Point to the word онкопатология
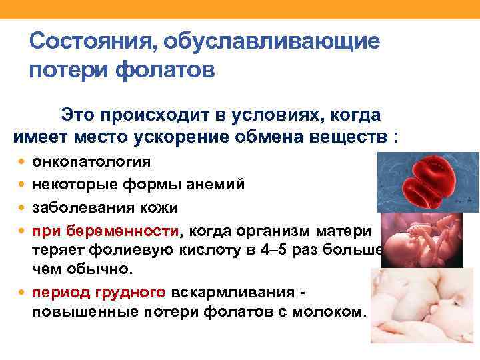pyautogui.click(x=91, y=162)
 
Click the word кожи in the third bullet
pyautogui.click(x=159, y=207)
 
